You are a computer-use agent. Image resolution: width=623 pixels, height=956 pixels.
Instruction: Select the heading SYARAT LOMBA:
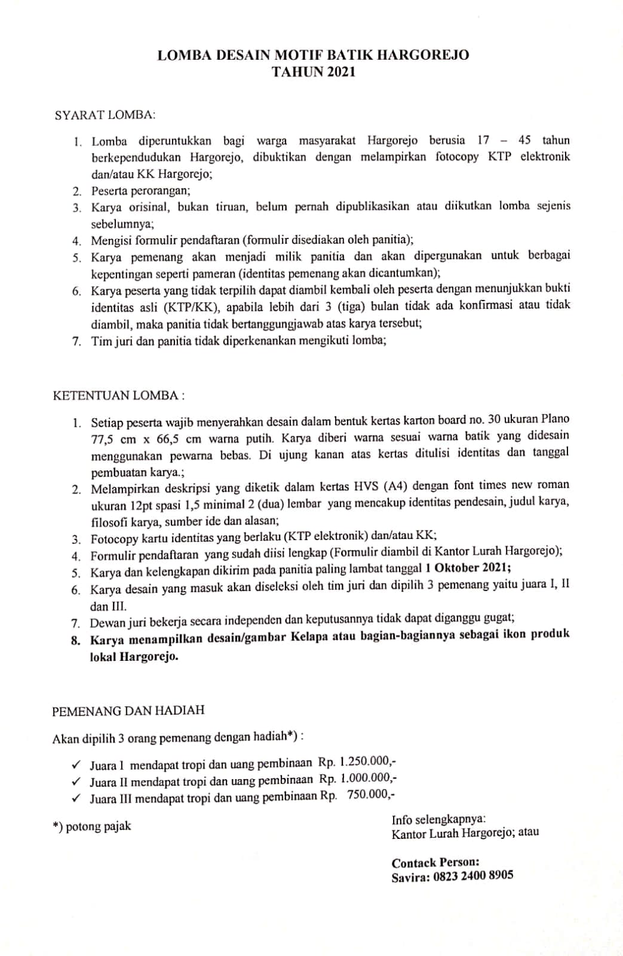pyautogui.click(x=105, y=114)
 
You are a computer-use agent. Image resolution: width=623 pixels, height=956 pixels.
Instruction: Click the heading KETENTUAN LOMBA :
pyautogui.click(x=119, y=396)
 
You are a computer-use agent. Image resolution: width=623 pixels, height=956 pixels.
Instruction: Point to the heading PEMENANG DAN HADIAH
pyautogui.click(x=128, y=710)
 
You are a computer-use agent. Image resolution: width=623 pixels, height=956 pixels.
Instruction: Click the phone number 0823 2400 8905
pyautogui.click(x=472, y=876)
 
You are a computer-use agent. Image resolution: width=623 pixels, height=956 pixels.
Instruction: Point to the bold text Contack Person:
pyautogui.click(x=435, y=862)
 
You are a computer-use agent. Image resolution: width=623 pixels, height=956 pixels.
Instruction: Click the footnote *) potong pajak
pyautogui.click(x=92, y=826)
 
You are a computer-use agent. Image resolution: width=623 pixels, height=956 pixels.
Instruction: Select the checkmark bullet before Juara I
pyautogui.click(x=76, y=764)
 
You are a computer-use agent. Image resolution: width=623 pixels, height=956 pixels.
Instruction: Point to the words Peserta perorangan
pyautogui.click(x=140, y=191)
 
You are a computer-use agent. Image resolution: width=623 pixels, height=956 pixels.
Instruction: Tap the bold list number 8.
pyautogui.click(x=75, y=641)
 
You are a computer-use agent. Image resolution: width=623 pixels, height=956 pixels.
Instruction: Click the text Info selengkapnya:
pyautogui.click(x=438, y=819)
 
